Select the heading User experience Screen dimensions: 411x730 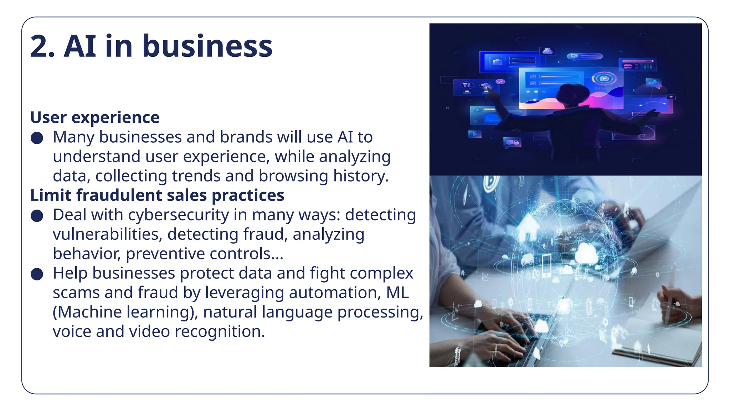[95, 118]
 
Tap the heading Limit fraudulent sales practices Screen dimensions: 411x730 [157, 196]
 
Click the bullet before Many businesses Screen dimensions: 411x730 [37, 138]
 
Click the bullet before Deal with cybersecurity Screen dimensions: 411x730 [37, 216]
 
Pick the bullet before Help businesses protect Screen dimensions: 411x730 [37, 274]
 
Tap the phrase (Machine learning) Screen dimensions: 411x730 [125, 312]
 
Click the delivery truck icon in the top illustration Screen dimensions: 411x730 [513, 143]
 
